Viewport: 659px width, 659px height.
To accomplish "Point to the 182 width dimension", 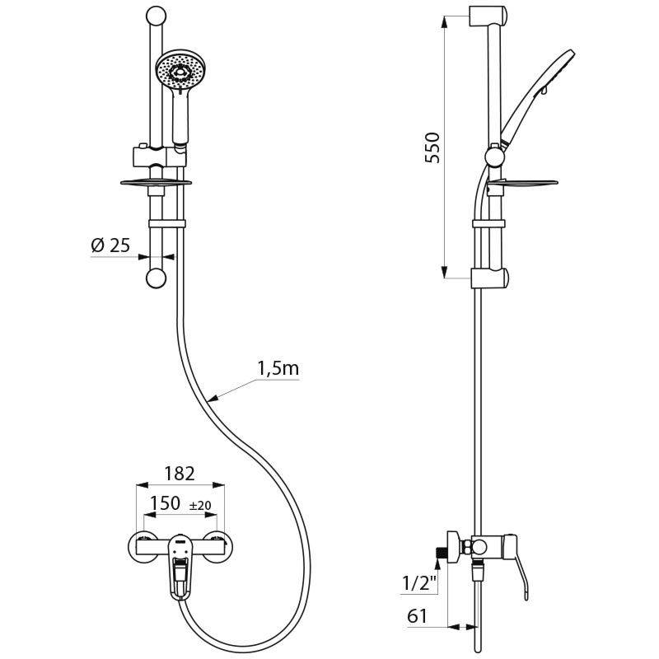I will coord(179,474).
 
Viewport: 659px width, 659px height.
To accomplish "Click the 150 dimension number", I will coord(164,504).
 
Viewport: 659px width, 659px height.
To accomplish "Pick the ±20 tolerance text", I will coord(201,506).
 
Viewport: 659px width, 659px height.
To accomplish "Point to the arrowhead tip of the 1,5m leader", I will coord(211,402).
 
